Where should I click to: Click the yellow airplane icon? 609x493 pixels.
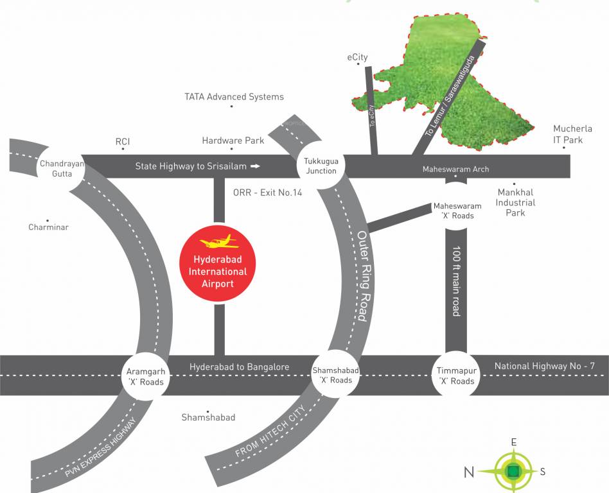219,243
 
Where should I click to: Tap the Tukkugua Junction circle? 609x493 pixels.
321,166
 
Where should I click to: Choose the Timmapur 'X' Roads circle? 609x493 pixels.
456,376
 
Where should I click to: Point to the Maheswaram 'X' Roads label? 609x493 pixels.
457,211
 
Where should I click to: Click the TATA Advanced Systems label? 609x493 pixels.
234,97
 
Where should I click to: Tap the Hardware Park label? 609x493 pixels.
233,140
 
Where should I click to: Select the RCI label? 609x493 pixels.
123,141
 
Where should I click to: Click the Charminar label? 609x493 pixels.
48,227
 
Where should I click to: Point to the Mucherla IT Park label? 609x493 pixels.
563,134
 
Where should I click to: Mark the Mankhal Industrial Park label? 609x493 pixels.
515,202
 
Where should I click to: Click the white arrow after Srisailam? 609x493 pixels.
255,166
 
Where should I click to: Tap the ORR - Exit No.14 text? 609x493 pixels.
267,193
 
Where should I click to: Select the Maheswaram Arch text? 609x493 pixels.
455,169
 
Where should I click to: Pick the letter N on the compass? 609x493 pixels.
470,473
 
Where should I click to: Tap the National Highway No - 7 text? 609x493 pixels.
544,367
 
